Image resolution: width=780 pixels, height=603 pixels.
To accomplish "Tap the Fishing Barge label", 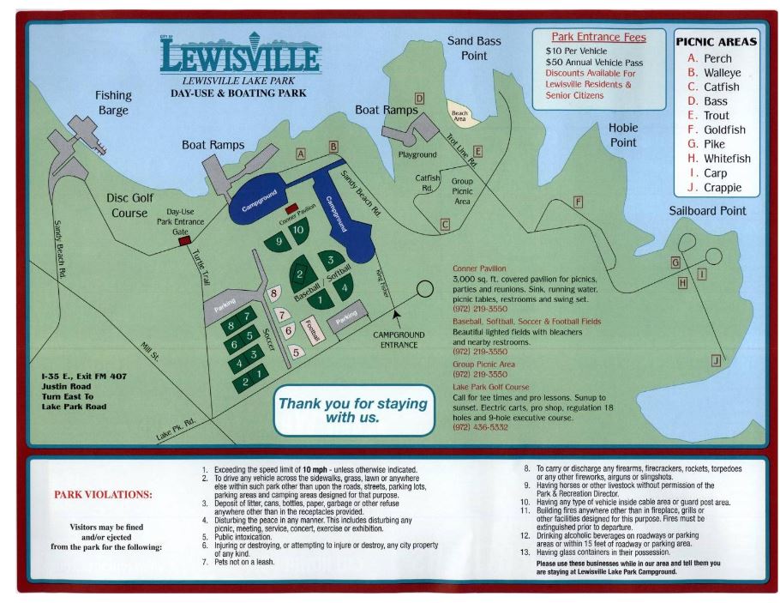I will click(112, 103).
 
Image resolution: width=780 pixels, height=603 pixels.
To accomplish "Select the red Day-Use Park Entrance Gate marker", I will click(183, 242).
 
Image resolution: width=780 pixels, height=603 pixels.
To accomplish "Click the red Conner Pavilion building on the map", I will click(291, 208).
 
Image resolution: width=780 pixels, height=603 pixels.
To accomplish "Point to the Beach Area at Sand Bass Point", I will click(460, 114).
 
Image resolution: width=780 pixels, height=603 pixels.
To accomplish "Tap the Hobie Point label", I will click(623, 135).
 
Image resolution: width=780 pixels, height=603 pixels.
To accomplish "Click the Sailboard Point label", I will click(709, 210).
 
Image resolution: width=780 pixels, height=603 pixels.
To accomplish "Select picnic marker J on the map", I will click(716, 362).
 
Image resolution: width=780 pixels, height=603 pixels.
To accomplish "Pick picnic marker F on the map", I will click(578, 202).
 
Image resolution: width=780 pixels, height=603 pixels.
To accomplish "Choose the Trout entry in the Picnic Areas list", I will click(716, 116).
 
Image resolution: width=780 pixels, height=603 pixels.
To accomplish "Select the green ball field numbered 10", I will click(298, 230).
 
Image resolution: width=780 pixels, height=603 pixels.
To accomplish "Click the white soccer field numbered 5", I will click(297, 351).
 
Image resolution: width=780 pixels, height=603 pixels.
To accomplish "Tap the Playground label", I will click(417, 154).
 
